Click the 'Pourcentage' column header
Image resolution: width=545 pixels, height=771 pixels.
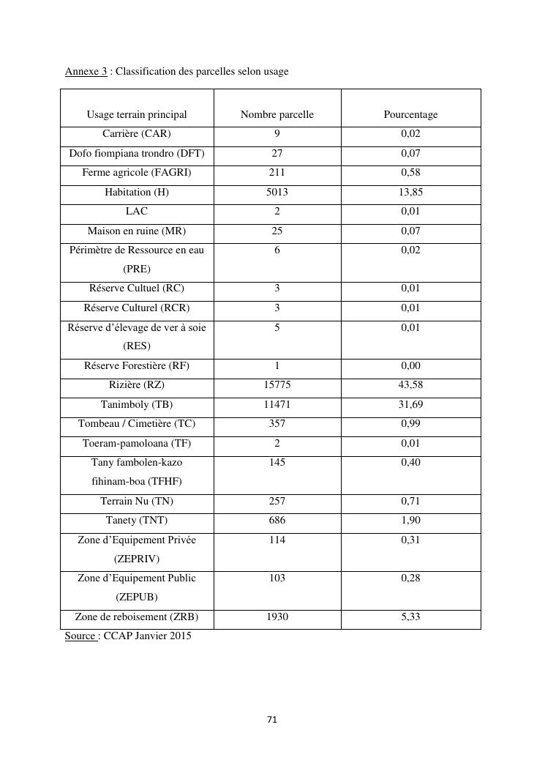coord(410,114)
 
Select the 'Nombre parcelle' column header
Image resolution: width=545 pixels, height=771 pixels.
coord(277,114)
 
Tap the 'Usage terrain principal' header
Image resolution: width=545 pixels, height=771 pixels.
coord(137,114)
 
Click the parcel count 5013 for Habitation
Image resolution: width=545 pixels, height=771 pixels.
coord(277,192)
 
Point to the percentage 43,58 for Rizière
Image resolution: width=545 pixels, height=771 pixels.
coord(411,385)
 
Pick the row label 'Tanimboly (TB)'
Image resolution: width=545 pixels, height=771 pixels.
coord(137,404)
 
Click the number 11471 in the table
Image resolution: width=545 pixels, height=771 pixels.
coord(277,404)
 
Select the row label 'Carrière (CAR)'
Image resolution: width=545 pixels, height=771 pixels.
coord(137,134)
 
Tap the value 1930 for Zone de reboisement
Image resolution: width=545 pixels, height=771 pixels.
coord(277,617)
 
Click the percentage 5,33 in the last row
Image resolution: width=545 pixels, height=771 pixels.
coord(411,617)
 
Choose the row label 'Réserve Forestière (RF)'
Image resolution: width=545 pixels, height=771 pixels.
coord(137,365)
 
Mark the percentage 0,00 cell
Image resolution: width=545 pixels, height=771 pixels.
coord(411,365)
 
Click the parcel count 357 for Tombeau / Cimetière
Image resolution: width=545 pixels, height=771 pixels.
coord(277,423)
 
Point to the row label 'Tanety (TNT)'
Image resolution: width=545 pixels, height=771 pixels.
coord(137,520)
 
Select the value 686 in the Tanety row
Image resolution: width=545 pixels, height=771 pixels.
coord(277,520)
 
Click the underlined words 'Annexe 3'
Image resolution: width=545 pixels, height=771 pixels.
coord(86,71)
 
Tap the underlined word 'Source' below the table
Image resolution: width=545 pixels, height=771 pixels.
coord(80,636)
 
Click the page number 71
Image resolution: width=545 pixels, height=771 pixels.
coord(272,720)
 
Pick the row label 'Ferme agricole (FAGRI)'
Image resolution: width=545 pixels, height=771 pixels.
coord(137,173)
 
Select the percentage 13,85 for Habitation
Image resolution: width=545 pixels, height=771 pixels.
coord(411,192)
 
